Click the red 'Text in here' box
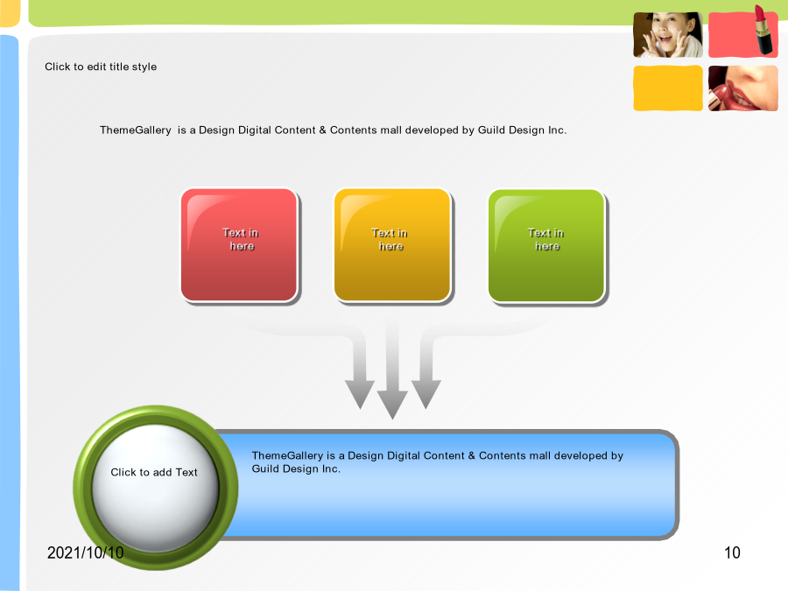(239, 245)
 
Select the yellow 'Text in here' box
(392, 245)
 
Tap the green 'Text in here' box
(546, 245)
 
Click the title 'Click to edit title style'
(101, 67)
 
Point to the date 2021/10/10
(86, 552)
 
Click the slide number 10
(732, 552)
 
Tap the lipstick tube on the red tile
(763, 29)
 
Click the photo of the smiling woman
(668, 35)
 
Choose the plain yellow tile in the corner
(668, 88)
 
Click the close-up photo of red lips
(743, 88)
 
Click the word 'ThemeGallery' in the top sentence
(136, 130)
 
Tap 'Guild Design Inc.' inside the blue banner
(296, 469)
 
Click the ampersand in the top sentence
(322, 130)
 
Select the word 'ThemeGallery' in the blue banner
(287, 456)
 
